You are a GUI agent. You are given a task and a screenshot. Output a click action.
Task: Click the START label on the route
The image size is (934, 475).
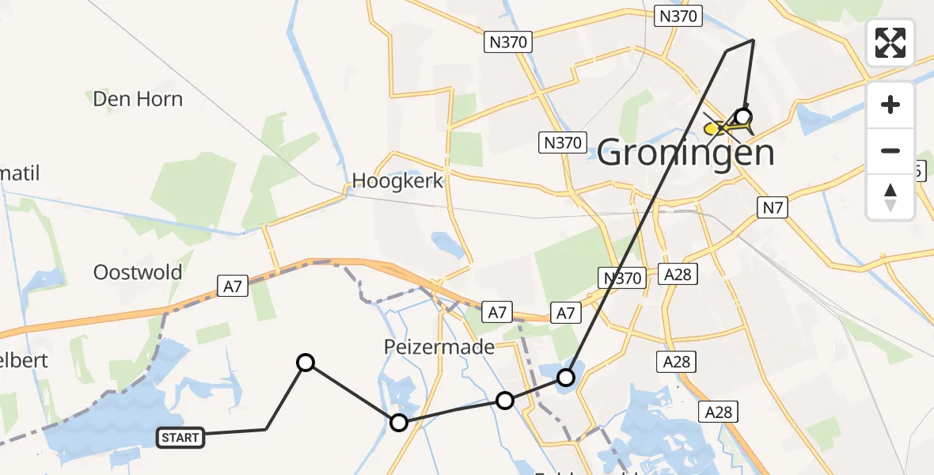(x=181, y=437)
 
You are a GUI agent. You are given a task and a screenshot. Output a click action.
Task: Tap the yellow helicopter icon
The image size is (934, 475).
(x=721, y=126)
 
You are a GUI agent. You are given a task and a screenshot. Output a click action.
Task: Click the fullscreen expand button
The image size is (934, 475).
(x=890, y=42)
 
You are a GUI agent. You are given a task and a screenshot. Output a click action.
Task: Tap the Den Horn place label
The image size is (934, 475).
(x=138, y=99)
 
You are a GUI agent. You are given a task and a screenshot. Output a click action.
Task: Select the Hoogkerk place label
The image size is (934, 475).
(x=397, y=180)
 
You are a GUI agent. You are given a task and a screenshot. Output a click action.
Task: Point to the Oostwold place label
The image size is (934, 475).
(x=138, y=272)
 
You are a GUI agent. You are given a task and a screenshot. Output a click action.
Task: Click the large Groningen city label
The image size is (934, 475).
(x=685, y=152)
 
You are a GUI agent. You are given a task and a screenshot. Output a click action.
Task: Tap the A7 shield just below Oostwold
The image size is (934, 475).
(x=232, y=286)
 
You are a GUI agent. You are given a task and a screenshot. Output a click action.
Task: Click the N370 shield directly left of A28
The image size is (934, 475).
(x=621, y=277)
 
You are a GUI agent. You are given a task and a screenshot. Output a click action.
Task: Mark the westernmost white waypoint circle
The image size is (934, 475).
(x=306, y=363)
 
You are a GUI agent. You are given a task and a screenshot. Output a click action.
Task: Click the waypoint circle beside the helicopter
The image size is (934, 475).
(x=743, y=117)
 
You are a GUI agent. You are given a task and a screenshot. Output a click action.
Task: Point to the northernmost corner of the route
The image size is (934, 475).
(x=753, y=40)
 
